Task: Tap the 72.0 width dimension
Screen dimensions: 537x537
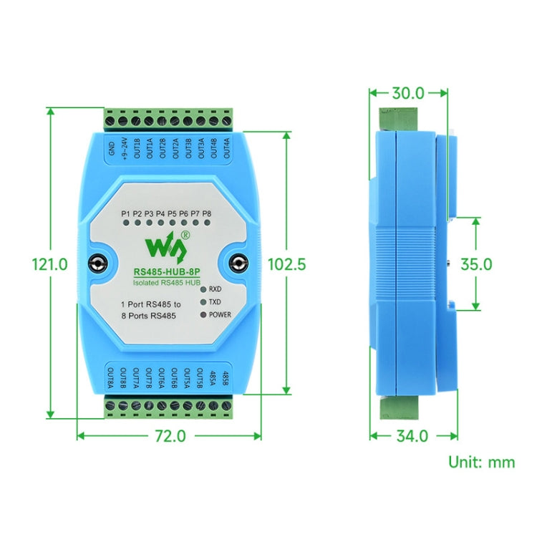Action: [x=170, y=435]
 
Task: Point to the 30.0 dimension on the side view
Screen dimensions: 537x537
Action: [x=408, y=92]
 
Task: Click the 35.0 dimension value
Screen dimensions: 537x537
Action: [x=476, y=263]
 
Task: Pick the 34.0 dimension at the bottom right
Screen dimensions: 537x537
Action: [x=412, y=435]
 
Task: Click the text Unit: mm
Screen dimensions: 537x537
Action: [x=481, y=462]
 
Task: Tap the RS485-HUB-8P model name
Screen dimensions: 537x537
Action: [x=168, y=271]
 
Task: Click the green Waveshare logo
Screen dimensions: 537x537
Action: [x=167, y=246]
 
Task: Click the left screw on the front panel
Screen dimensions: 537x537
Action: [x=98, y=263]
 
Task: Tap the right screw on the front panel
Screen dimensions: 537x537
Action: [x=238, y=263]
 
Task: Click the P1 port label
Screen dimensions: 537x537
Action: [x=125, y=213]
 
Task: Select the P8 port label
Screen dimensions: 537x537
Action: [x=207, y=213]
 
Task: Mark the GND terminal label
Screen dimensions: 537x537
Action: [x=111, y=149]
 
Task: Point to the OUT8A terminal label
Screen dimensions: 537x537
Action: [x=111, y=380]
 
